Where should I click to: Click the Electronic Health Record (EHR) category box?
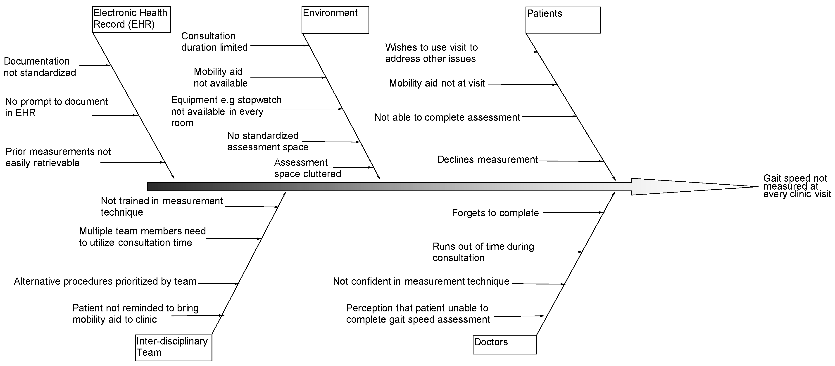pos(131,19)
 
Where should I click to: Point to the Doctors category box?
pos(504,344)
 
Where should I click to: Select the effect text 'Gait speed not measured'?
pos(796,186)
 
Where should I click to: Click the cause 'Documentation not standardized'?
pos(40,67)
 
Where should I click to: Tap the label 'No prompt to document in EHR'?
pos(56,107)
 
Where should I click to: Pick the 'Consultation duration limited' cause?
pos(214,41)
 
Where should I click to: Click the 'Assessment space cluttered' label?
pos(307,168)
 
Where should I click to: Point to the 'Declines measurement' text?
pos(487,160)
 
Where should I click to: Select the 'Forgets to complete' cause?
pos(495,213)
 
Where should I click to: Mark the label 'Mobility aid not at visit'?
pos(437,83)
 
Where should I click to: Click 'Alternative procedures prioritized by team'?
pos(105,281)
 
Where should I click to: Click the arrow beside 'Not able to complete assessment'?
pos(550,116)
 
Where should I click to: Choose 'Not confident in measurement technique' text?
pos(421,281)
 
